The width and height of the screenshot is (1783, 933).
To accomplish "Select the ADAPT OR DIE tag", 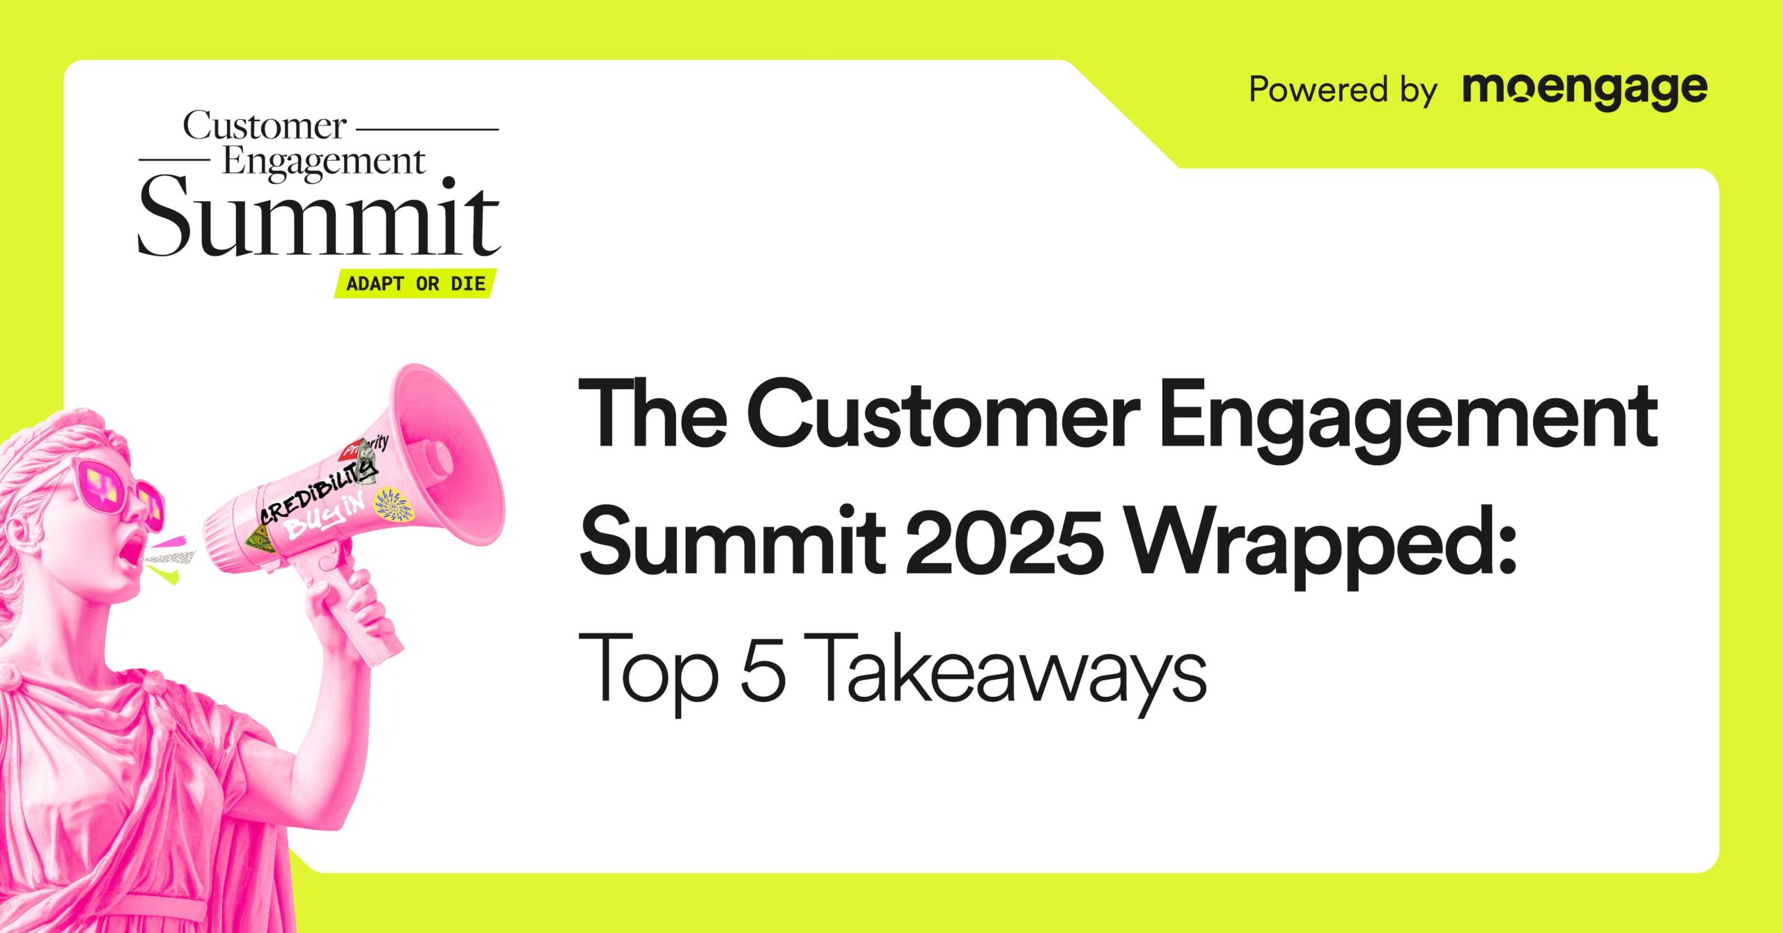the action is click(x=416, y=284).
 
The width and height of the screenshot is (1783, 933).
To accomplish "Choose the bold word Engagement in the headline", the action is click(x=1408, y=423).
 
